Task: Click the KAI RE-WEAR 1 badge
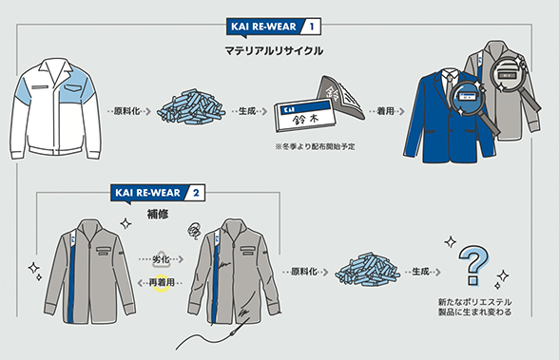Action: [x=274, y=27]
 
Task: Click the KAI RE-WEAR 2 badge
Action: [x=158, y=194]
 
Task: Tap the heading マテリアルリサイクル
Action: [x=274, y=51]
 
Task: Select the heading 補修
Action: [x=158, y=215]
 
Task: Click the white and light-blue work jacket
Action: [x=55, y=108]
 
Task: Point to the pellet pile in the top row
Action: [x=191, y=106]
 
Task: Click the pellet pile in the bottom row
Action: [x=367, y=270]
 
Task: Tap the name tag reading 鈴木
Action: [x=305, y=116]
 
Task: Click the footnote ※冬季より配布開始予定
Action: [x=316, y=146]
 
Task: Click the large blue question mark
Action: [x=473, y=265]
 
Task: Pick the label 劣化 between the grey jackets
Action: [x=162, y=259]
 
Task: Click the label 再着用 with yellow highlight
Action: [x=162, y=283]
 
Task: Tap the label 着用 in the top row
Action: [x=385, y=111]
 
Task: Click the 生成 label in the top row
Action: [x=247, y=111]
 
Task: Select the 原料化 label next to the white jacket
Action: [x=127, y=111]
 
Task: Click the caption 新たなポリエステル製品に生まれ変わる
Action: [x=475, y=307]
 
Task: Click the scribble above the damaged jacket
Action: [x=194, y=231]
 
